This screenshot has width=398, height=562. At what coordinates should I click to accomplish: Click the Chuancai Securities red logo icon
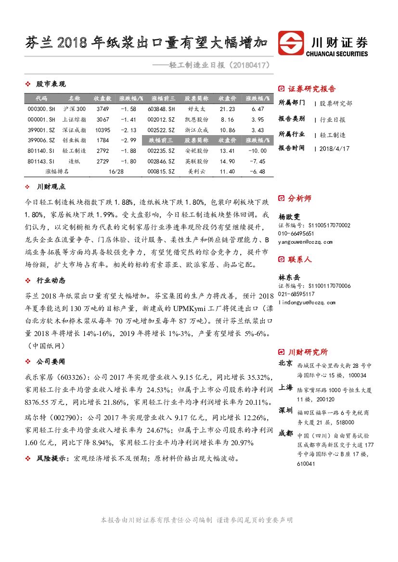click(291, 43)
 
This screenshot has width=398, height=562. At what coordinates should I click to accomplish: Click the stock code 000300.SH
click(41, 109)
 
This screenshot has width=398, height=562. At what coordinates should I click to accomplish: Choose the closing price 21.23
click(227, 109)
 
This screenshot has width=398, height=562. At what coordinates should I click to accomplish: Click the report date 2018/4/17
click(334, 149)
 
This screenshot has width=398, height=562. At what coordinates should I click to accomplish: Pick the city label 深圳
click(285, 410)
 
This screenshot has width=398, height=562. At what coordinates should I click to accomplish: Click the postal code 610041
click(306, 464)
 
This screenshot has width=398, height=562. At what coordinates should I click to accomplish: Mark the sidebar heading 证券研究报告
click(312, 89)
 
